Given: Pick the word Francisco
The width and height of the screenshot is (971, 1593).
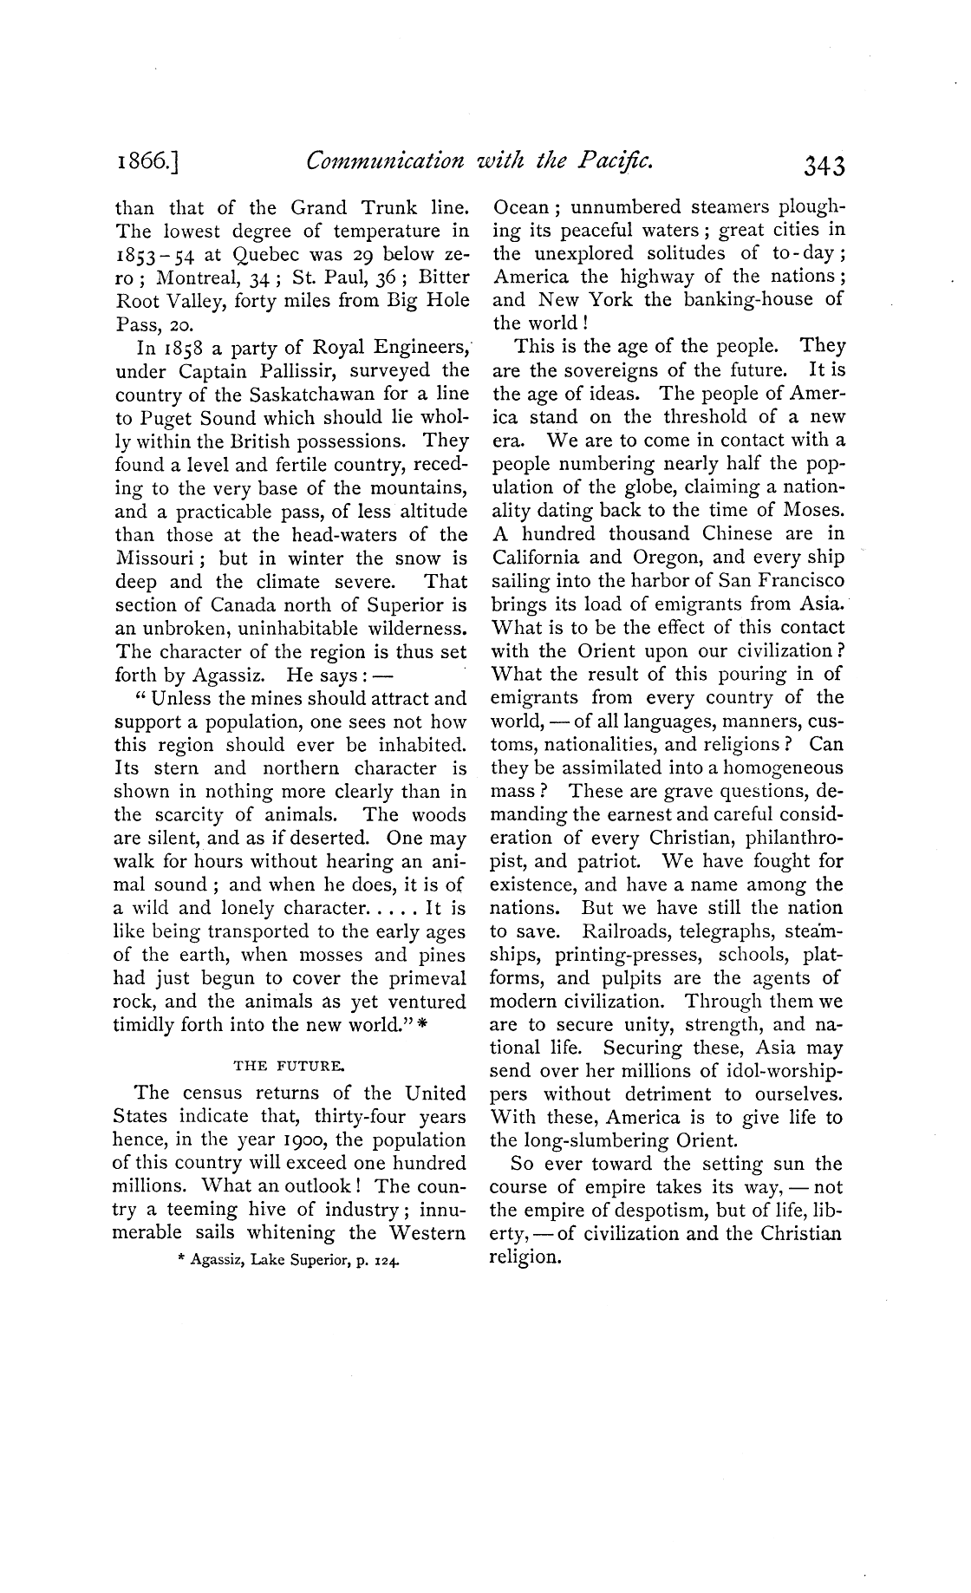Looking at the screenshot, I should click(797, 581).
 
